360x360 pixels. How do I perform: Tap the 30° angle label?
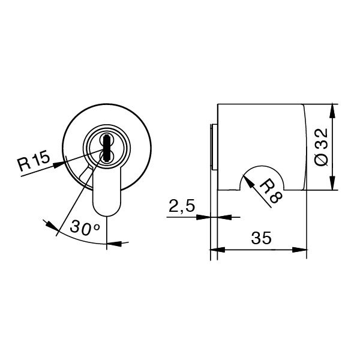[x=83, y=228]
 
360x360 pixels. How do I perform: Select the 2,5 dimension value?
[x=181, y=207]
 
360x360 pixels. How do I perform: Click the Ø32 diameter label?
[x=322, y=148]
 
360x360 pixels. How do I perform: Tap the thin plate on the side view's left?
[x=212, y=147]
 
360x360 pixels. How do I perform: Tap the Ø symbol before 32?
[x=322, y=160]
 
